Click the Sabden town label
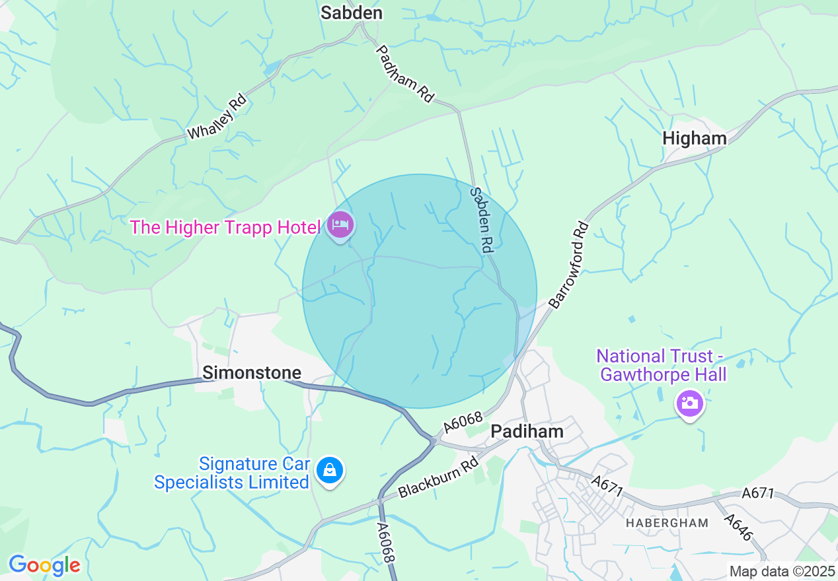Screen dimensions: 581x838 (x=352, y=13)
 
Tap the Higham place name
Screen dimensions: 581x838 (x=694, y=138)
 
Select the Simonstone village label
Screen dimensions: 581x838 (x=252, y=372)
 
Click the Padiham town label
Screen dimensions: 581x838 (x=527, y=431)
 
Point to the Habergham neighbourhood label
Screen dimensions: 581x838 (x=667, y=523)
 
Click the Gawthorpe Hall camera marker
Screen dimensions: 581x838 (x=689, y=402)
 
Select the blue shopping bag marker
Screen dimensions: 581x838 (x=329, y=471)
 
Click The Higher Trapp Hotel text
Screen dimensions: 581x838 (x=225, y=227)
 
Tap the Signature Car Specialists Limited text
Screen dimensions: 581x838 (x=231, y=473)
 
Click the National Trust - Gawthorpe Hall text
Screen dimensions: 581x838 (x=662, y=365)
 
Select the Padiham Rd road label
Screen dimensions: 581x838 (x=405, y=73)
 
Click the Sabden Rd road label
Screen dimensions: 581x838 (x=482, y=221)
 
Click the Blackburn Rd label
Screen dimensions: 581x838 (x=438, y=479)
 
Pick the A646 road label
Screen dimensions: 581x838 (x=738, y=526)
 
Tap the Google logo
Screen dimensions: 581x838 (x=44, y=565)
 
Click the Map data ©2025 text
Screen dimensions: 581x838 (x=782, y=570)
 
